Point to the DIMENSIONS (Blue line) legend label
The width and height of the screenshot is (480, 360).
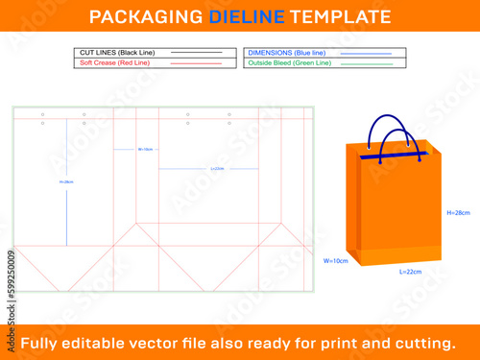285,52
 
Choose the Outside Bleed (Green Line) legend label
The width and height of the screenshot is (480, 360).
290,62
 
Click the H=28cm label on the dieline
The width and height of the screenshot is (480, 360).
66,181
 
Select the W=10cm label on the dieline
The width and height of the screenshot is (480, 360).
146,149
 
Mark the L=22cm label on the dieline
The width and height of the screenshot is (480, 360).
217,169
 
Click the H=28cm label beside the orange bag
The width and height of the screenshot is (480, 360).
458,211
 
